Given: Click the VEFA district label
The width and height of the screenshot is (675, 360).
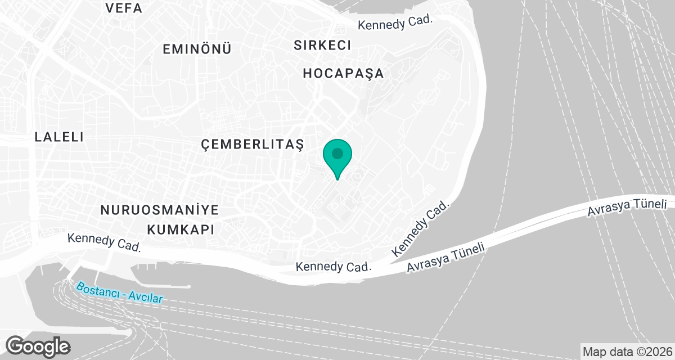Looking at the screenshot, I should pos(124,8).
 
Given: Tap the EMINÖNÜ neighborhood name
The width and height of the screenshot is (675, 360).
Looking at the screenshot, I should pos(197,49).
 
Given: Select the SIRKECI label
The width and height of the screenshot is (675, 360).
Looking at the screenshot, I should pos(322,46).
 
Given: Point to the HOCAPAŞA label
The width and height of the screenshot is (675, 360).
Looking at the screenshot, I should pos(343,73).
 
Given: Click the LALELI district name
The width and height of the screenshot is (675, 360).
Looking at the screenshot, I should pos(59,137).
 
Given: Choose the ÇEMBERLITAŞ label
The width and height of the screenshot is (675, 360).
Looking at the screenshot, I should pos(252,145).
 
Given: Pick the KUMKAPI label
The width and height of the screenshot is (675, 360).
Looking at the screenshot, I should pos(181,229).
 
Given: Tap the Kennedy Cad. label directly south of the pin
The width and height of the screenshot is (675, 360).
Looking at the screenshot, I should pos(335,265).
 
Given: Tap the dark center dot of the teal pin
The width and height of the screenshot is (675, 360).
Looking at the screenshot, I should pos(337,153).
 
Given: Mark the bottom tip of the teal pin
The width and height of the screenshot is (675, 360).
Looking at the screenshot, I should pos(337,179).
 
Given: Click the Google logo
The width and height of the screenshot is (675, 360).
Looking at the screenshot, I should pos(38,345).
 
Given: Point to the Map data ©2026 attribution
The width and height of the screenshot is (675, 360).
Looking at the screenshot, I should pos(627,352).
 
